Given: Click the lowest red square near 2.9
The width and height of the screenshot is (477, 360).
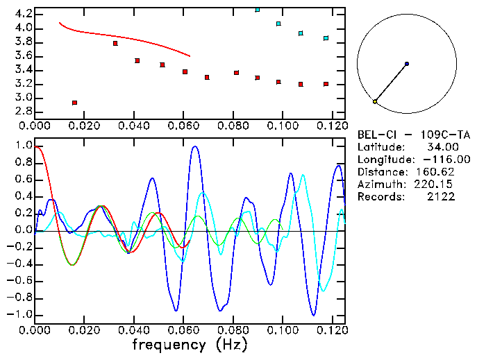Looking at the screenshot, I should pos(74,103).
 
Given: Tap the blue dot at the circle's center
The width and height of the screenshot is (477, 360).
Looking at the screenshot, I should pos(407,64).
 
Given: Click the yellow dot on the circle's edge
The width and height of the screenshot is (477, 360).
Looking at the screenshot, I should pos(375,102).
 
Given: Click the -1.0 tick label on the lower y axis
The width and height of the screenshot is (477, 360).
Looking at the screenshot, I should pos(21,314).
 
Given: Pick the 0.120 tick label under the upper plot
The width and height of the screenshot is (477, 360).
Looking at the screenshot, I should pos(331,126).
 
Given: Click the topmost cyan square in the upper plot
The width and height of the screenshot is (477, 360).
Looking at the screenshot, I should pos(258,9).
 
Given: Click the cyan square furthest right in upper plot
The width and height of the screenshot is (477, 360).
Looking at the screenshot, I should pos(326,38).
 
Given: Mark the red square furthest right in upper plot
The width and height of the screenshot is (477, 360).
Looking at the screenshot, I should pos(326,84).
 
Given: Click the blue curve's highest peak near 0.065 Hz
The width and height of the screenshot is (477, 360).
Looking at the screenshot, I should pos(194,146).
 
